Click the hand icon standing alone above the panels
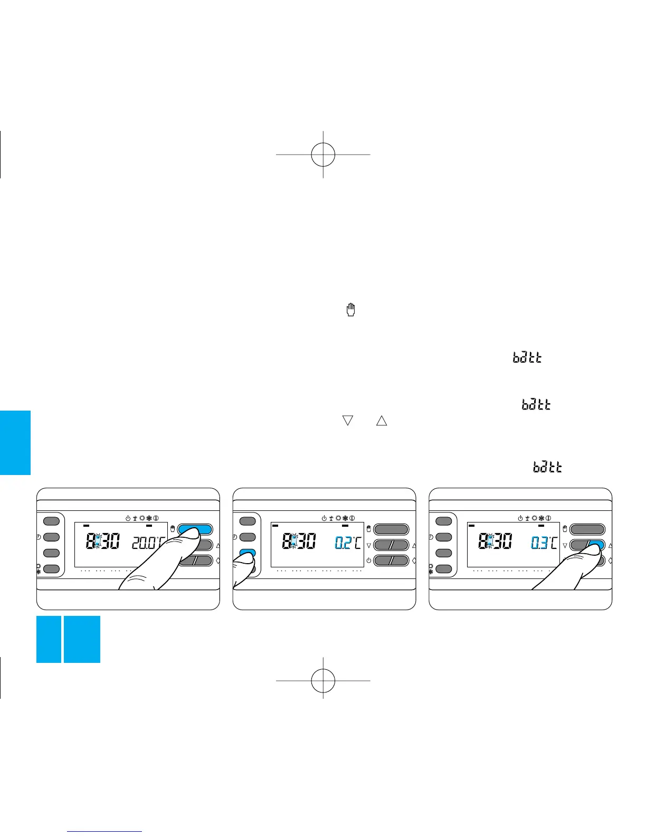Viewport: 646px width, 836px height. (350, 310)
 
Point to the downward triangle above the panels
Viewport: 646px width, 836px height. (347, 421)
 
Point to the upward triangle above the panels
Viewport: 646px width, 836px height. (382, 421)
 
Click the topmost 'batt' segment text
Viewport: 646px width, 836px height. (527, 358)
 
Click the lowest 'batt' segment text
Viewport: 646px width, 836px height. (547, 467)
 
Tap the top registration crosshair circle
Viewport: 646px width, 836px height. (323, 154)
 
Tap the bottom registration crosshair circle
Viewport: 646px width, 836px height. (323, 680)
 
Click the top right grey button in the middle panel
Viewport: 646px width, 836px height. (391, 529)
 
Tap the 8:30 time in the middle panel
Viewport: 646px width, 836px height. (299, 541)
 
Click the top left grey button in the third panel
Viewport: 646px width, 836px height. (444, 521)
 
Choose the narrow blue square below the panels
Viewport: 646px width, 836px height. (49, 639)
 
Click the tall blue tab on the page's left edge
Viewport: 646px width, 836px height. (15, 443)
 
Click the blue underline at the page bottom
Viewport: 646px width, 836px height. (105, 831)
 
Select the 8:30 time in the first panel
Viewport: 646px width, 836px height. (102, 541)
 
